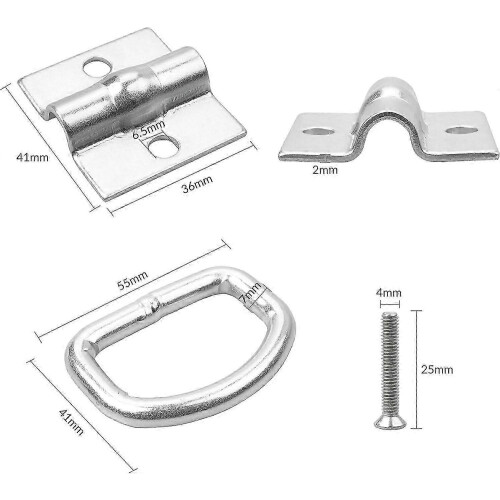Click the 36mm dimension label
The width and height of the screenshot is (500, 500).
tap(197, 184)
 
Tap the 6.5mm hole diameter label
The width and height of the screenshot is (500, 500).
tap(149, 129)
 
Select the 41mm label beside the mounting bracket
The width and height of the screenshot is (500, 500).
tap(32, 157)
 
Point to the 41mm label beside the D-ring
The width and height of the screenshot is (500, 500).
tap(71, 422)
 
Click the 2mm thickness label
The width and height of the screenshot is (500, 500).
tap(325, 170)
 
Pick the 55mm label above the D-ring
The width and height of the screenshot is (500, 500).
tap(132, 281)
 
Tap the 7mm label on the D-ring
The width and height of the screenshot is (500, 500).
tap(252, 292)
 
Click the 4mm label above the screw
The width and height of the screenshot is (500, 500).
tap(388, 293)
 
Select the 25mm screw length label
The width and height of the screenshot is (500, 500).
tap(437, 369)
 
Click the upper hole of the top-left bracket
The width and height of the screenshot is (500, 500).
tap(97, 67)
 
